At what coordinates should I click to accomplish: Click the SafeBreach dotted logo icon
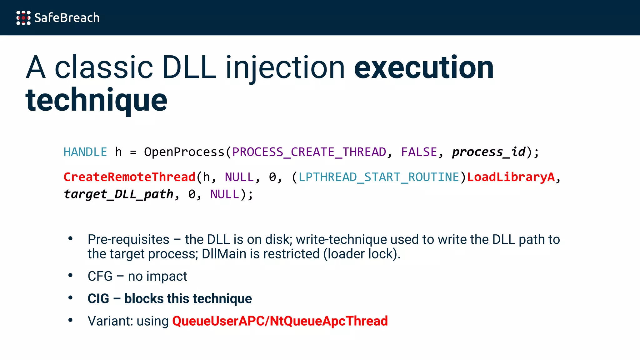tap(23, 18)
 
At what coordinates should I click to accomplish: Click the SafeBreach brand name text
tap(67, 18)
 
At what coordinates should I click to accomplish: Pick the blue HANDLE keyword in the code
tap(85, 152)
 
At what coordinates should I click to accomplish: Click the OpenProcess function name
tap(184, 152)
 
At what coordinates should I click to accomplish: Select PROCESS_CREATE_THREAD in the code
tap(309, 152)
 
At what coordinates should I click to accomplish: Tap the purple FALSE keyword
tap(419, 152)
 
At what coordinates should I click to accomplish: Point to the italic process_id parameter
tap(489, 152)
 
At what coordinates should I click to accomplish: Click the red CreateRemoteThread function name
tap(129, 177)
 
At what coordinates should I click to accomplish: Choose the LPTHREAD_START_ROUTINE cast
tap(379, 177)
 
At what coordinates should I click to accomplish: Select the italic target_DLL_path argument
tap(119, 194)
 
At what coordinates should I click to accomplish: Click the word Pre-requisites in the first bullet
tap(128, 240)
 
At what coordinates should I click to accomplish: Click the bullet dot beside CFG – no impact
tap(71, 276)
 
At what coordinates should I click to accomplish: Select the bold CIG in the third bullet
tap(98, 299)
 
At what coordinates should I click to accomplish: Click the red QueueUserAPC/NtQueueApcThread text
tap(280, 321)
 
